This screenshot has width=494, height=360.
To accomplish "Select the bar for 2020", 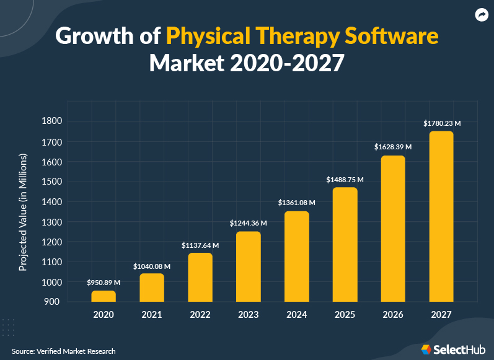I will pyautogui.click(x=104, y=296).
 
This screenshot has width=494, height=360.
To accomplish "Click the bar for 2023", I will pyautogui.click(x=249, y=266).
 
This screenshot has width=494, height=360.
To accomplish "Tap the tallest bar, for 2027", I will pyautogui.click(x=442, y=216).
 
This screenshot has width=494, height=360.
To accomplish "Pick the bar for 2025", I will pyautogui.click(x=345, y=244).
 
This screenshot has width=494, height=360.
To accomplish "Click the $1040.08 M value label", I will pyautogui.click(x=152, y=266).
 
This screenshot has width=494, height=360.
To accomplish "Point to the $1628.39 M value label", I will pyautogui.click(x=393, y=147).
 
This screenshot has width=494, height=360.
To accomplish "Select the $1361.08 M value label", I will pyautogui.click(x=297, y=203).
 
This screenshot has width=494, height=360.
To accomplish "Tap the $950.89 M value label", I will pyautogui.click(x=104, y=283).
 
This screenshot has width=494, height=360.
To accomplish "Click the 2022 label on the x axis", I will pyautogui.click(x=200, y=315).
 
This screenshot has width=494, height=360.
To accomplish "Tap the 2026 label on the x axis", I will pyautogui.click(x=394, y=315).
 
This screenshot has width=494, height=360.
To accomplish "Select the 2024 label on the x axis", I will pyautogui.click(x=297, y=315).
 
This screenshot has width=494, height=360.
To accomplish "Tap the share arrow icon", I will pyautogui.click(x=480, y=15).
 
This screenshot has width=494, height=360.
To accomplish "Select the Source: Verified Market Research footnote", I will pyautogui.click(x=63, y=351).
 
